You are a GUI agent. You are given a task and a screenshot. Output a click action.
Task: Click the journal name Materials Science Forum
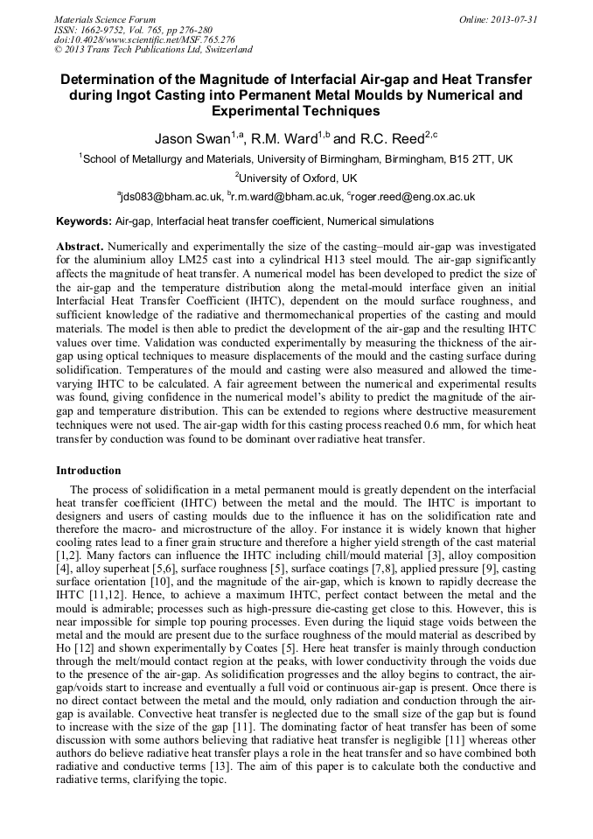[105, 18]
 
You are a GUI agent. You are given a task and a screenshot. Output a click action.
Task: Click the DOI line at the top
[144, 39]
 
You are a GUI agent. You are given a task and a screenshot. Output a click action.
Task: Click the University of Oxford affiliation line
[297, 178]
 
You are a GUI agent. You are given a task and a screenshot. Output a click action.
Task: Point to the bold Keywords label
[84, 222]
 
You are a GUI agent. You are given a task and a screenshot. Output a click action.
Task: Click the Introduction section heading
[88, 471]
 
